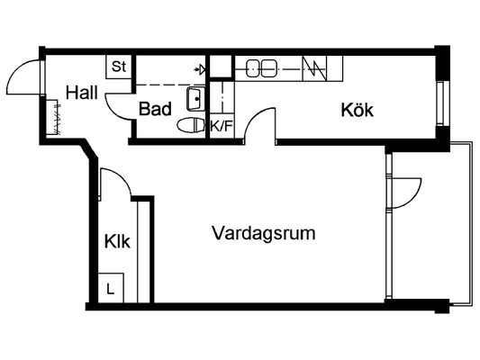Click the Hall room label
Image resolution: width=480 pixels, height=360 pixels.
(x=82, y=93)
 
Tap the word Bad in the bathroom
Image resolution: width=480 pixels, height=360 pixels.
(x=155, y=109)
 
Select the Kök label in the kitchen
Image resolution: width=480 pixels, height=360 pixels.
(x=357, y=110)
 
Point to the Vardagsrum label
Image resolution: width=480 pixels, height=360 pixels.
(x=264, y=233)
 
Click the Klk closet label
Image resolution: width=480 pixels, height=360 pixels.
(x=117, y=241)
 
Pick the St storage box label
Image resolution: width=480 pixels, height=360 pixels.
(x=119, y=67)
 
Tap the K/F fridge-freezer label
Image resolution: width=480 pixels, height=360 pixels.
(x=221, y=126)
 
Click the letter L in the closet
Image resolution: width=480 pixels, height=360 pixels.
(x=110, y=288)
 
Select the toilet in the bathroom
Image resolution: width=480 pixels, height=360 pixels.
(x=191, y=125)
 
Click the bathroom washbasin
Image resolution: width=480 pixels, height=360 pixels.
(x=195, y=98)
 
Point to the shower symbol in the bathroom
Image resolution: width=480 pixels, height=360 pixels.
(x=200, y=70)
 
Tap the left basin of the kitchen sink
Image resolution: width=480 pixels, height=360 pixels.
(x=253, y=68)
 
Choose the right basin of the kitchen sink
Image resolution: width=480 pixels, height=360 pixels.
(x=268, y=68)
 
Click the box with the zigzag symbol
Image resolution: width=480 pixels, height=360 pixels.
(x=314, y=68)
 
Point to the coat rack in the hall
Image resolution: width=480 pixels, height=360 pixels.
(x=53, y=117)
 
